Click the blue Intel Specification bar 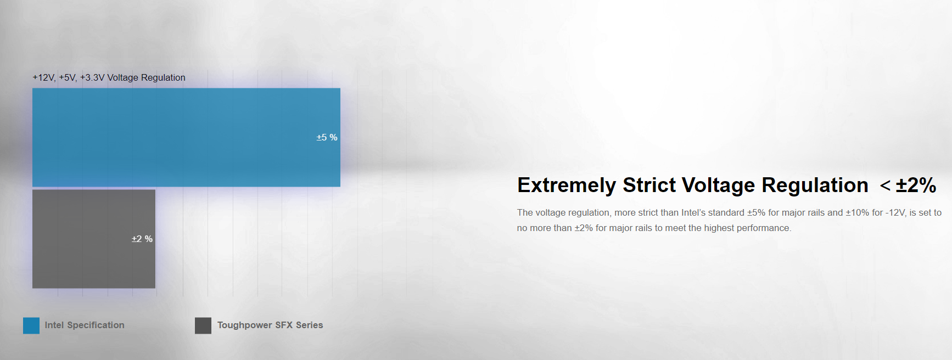pos(186,137)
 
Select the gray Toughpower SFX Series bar pos(94,239)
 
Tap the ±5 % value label pos(327,137)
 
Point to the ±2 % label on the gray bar pos(142,239)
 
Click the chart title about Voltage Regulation pos(109,77)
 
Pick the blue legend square pos(31,325)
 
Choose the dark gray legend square pos(203,325)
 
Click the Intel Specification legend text pos(85,325)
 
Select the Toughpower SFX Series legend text pos(270,325)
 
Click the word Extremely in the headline pos(567,185)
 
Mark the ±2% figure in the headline pos(916,185)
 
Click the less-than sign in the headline pos(886,185)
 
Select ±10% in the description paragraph pos(856,212)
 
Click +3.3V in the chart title pos(92,77)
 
